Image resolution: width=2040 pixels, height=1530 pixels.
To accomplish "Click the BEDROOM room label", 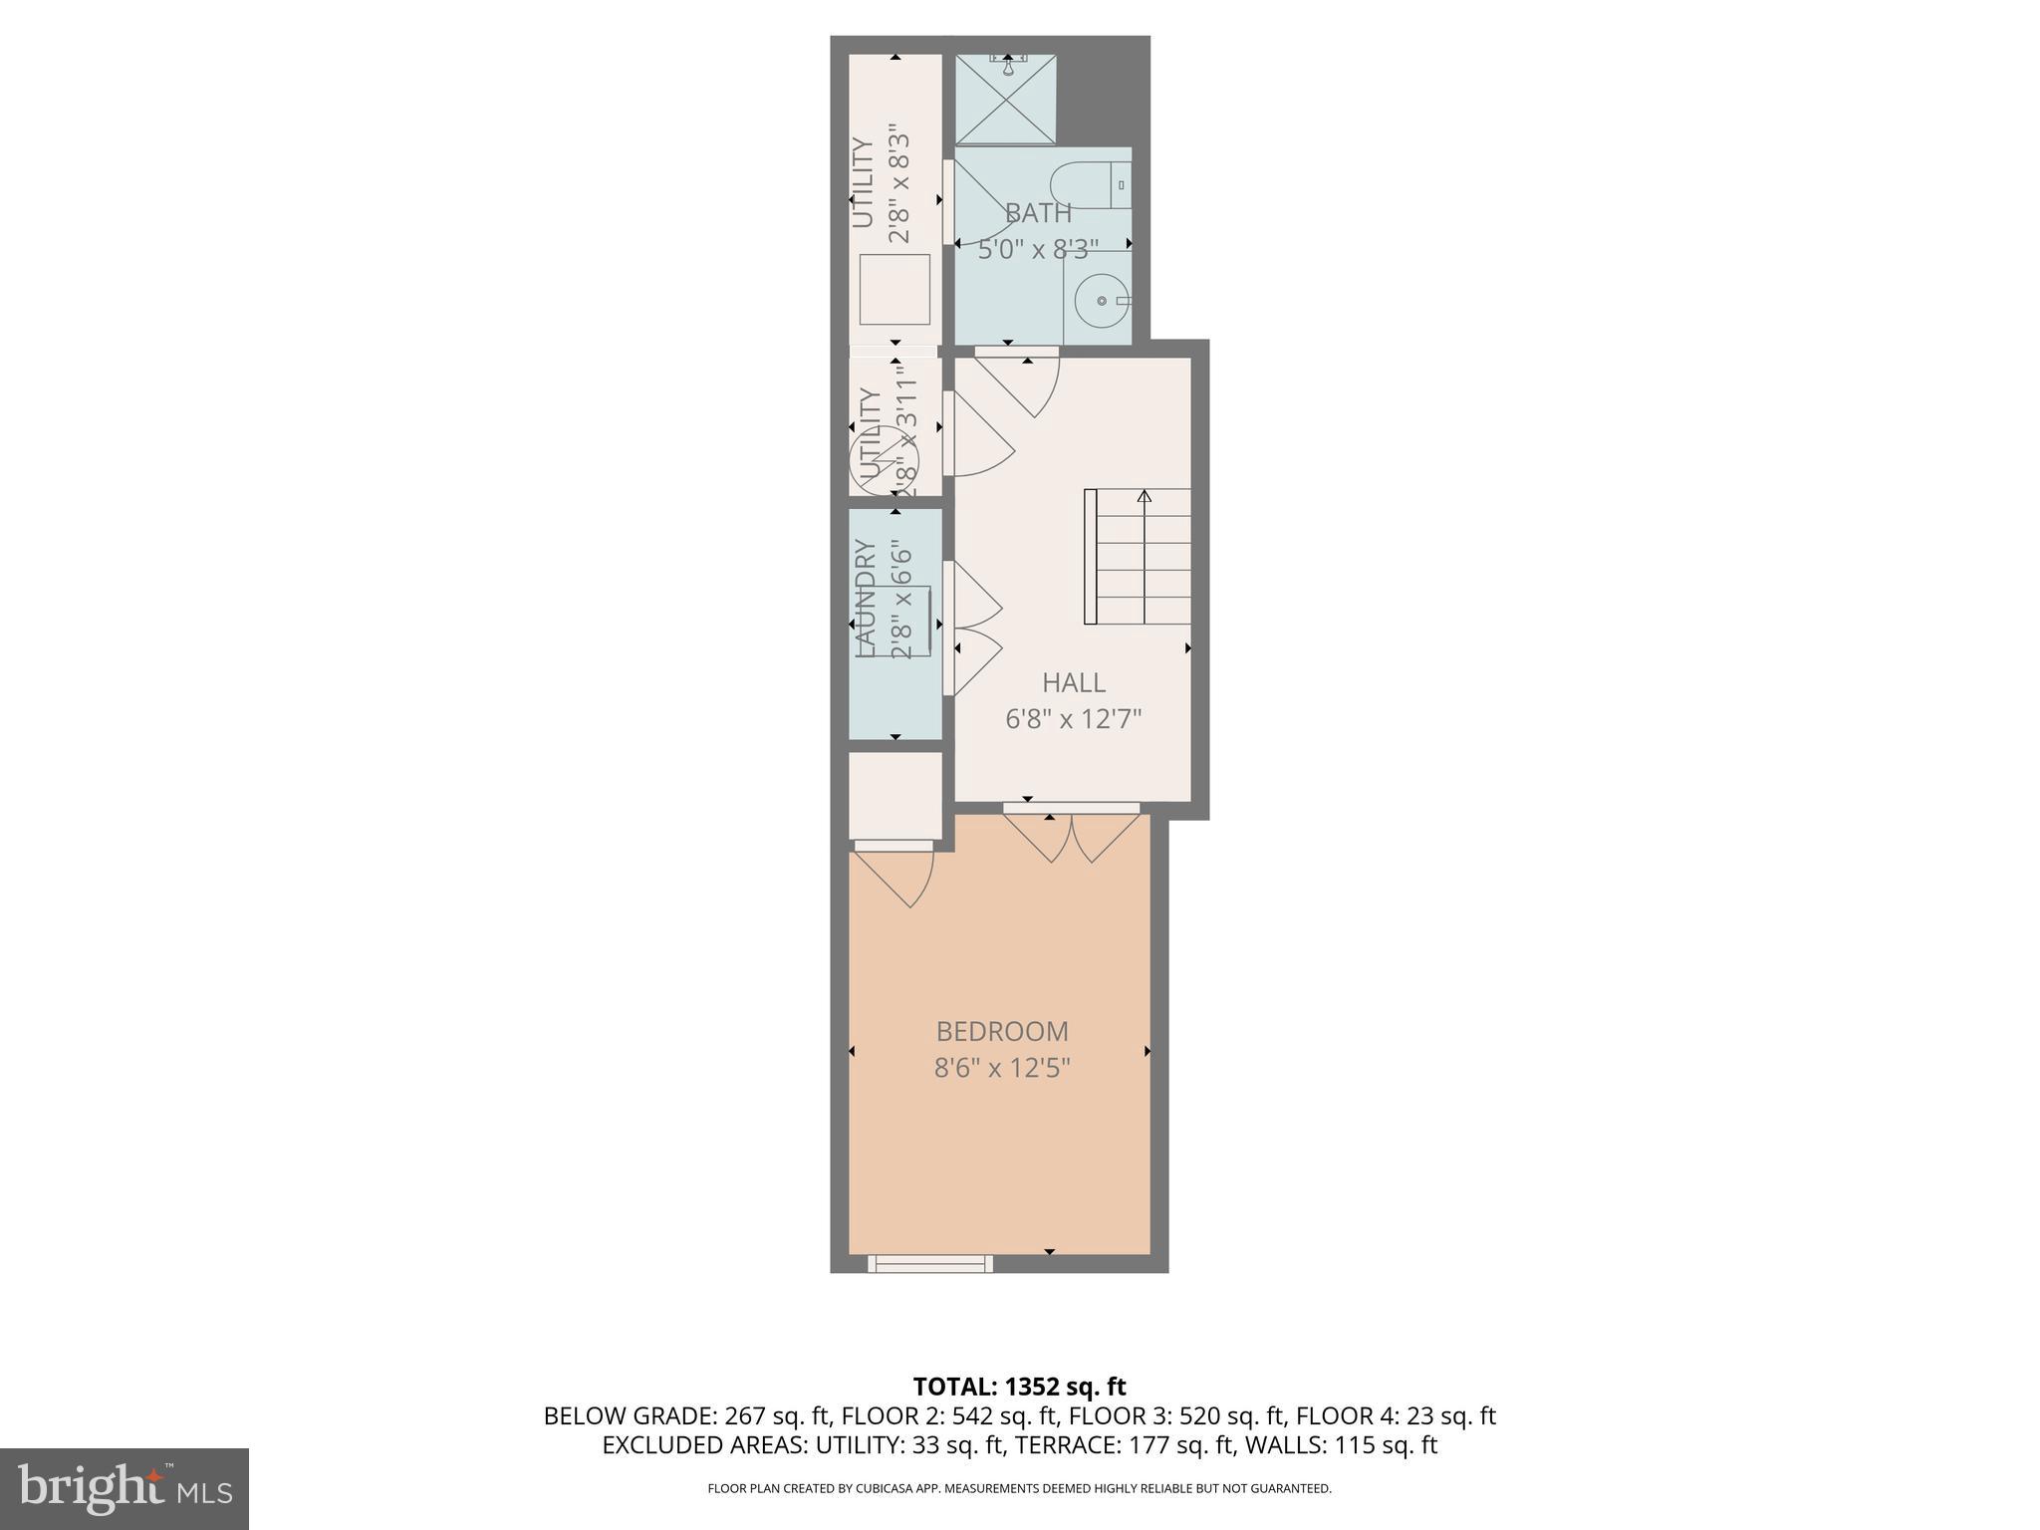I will click(1001, 1031).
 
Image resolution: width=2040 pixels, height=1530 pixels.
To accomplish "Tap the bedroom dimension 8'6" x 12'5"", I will click(1001, 1069).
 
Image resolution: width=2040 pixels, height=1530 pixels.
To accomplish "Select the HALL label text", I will click(1073, 682).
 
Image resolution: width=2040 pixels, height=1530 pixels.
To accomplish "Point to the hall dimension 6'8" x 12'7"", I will click(1073, 719).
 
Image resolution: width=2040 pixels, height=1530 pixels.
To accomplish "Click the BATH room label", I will click(1038, 213).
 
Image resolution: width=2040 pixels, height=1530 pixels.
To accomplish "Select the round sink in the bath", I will click(1103, 300).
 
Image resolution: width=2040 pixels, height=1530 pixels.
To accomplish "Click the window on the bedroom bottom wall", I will click(930, 1263).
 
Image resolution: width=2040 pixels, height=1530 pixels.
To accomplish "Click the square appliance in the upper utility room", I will click(894, 289).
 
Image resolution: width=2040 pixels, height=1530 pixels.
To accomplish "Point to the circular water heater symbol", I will click(877, 459).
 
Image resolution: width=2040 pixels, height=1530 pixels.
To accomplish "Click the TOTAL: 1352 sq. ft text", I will click(1019, 1387).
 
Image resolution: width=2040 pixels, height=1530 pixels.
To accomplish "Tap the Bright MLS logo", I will click(124, 1488).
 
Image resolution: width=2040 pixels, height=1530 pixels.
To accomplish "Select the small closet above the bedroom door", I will click(894, 795).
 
